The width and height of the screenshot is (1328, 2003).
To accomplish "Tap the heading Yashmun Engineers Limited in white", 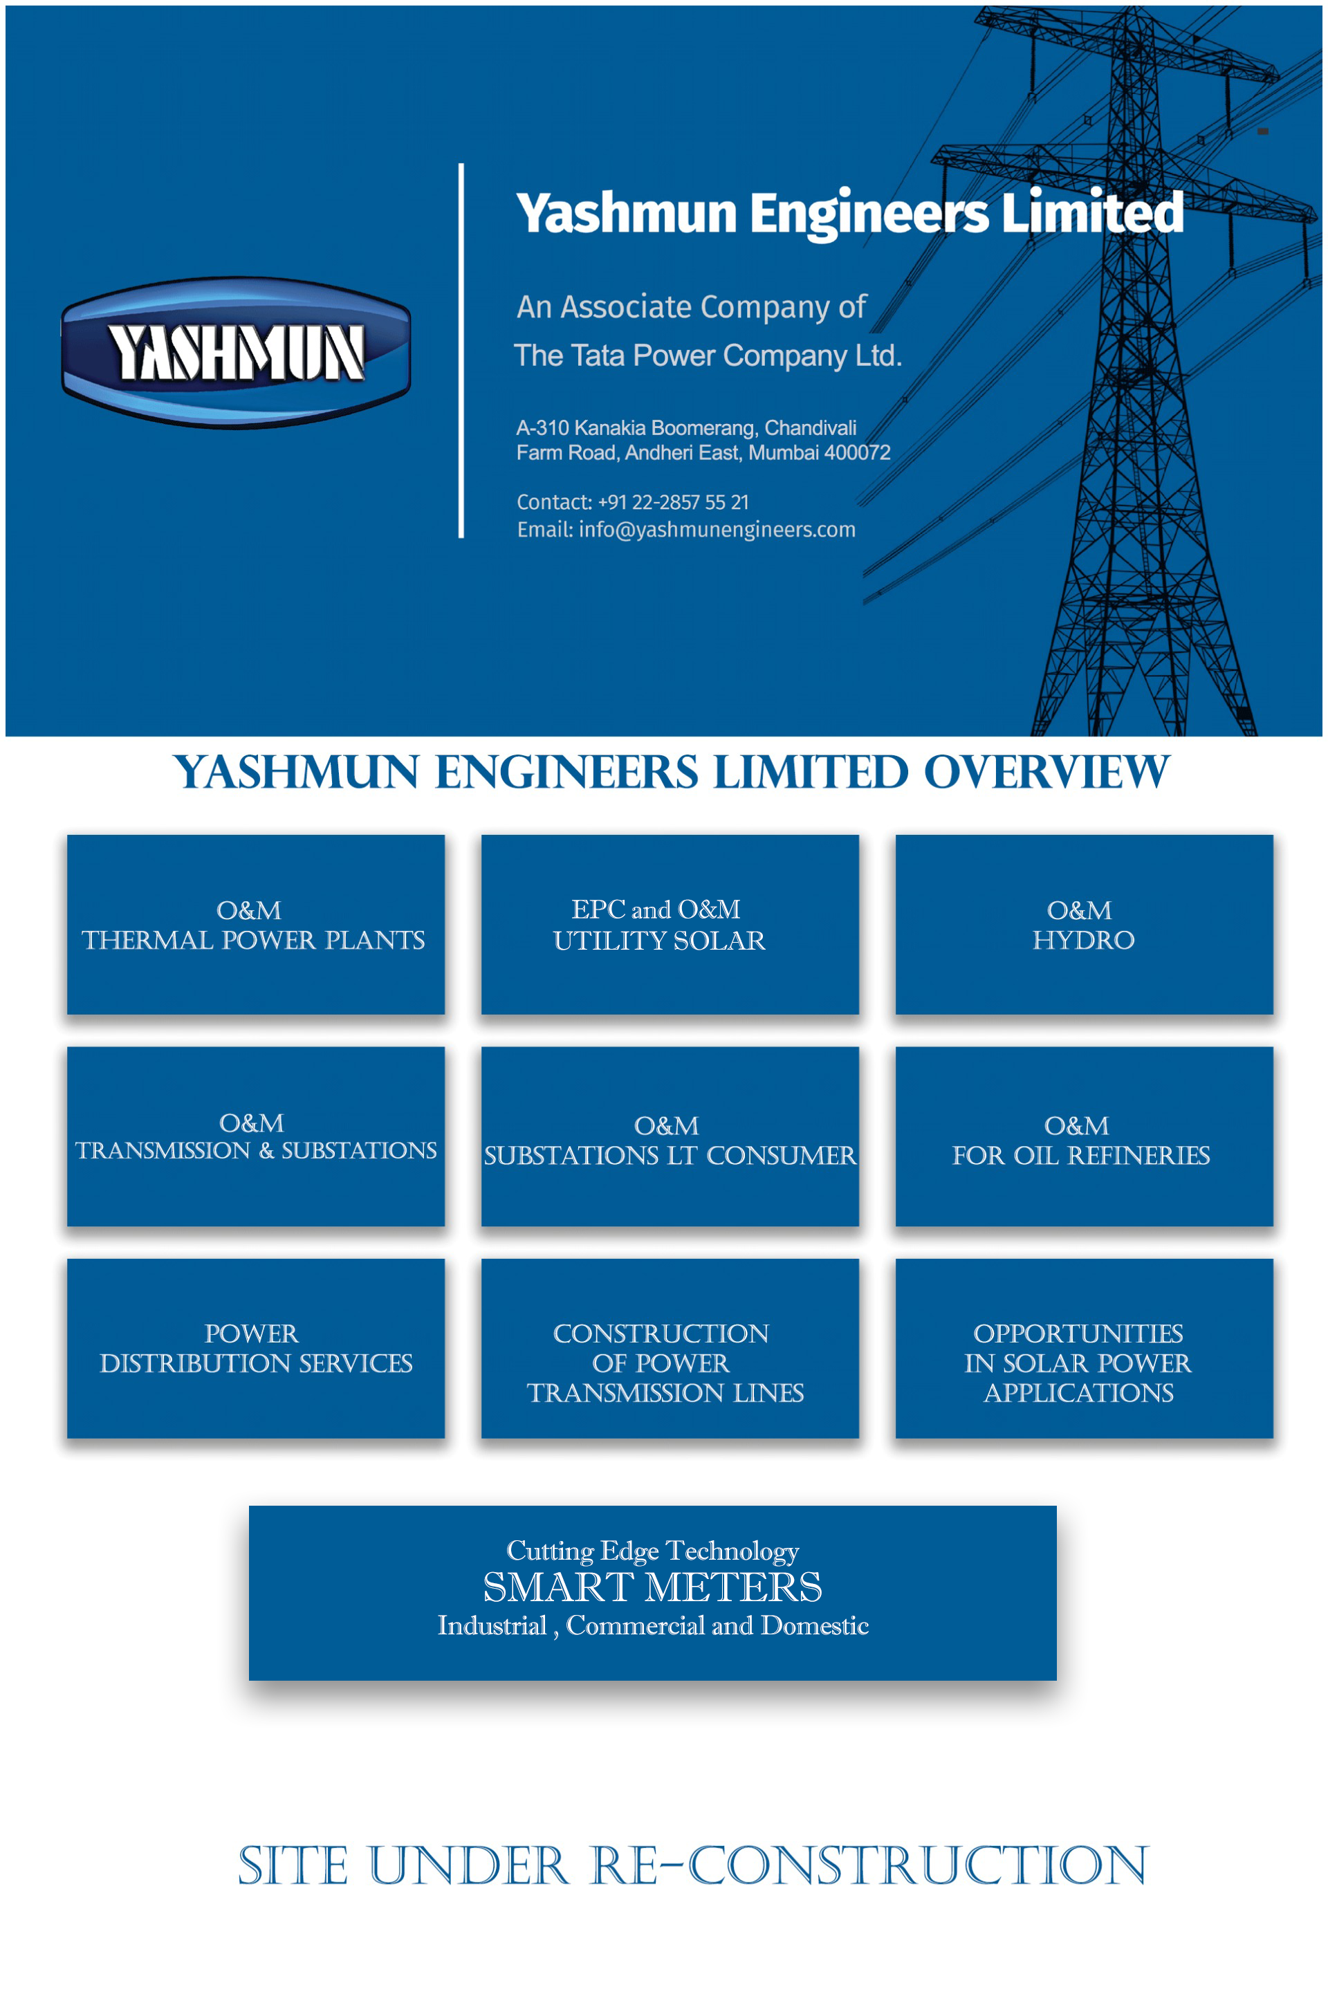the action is [x=849, y=214].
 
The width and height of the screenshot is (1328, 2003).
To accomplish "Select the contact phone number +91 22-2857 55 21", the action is [x=673, y=502].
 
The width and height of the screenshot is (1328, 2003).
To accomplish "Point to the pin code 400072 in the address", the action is [x=857, y=452].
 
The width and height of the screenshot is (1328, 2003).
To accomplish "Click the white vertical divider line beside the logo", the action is [x=461, y=351].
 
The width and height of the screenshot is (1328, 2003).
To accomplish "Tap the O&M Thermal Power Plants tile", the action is [x=256, y=924].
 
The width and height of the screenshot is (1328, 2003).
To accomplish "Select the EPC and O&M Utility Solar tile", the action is [x=670, y=924].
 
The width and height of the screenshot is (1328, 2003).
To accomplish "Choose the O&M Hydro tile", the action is [x=1084, y=924].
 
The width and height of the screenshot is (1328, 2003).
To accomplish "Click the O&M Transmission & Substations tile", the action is [x=256, y=1136].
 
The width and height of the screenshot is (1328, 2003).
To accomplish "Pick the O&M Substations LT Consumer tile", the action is [x=670, y=1136].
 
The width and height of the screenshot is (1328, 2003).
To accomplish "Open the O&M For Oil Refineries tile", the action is [x=1084, y=1136].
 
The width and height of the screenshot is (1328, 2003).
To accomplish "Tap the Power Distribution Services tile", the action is [x=256, y=1347].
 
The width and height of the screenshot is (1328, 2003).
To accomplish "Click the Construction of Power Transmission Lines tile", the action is [x=670, y=1347].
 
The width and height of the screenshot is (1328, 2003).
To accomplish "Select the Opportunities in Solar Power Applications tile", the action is [x=1084, y=1347].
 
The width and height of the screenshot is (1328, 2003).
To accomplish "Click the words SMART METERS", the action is [x=652, y=1587].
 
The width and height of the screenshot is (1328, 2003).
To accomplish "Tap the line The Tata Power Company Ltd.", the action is [x=708, y=356].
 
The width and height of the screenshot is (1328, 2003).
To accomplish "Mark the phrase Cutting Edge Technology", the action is [x=652, y=1551].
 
